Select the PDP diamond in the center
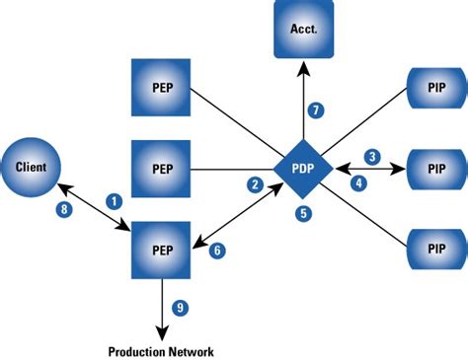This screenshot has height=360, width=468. [302, 169]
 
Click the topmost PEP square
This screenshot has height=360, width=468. [160, 87]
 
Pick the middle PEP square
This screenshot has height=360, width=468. [160, 169]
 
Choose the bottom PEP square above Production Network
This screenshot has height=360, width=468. [160, 250]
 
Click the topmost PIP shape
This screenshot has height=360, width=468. [433, 87]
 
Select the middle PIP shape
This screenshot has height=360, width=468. [433, 169]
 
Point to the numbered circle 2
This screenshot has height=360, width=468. [255, 184]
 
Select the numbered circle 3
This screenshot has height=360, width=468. [371, 157]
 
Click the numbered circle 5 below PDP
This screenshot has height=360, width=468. [302, 212]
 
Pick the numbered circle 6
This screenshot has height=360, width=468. [218, 252]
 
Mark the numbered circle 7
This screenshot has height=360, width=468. [316, 109]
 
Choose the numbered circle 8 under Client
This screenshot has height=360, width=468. [65, 209]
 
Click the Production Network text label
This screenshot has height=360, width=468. [160, 350]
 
